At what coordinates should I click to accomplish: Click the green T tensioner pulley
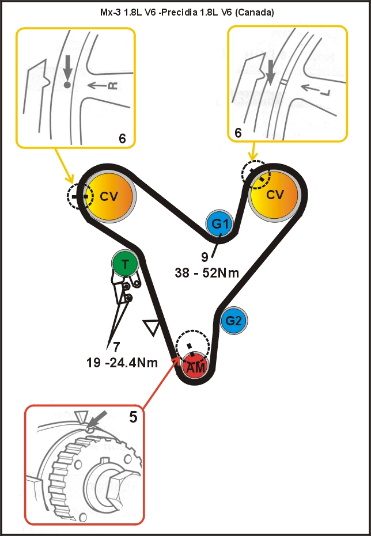(125, 264)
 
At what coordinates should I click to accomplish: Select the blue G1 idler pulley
(220, 224)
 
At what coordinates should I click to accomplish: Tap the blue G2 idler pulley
(233, 321)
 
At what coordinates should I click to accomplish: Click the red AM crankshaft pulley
(195, 367)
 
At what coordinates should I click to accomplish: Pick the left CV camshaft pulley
(109, 196)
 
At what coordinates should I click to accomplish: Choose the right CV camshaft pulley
(275, 195)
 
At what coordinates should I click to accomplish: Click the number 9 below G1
(205, 257)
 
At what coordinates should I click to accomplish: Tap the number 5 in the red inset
(133, 416)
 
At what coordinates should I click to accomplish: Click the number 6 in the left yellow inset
(122, 138)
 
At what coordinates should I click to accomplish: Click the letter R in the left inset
(113, 86)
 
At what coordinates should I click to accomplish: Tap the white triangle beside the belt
(152, 328)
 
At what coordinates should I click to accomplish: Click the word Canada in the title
(257, 11)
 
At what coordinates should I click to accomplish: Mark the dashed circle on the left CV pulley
(79, 196)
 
